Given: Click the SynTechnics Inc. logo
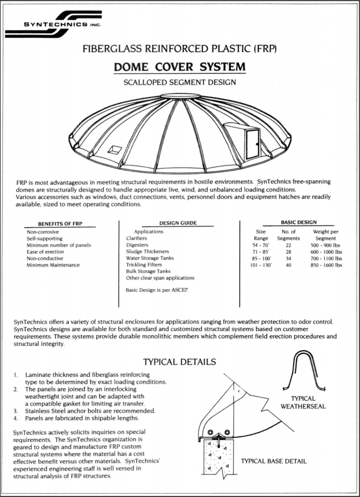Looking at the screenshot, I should point(53,24).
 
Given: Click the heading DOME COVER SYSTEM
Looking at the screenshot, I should point(180,66).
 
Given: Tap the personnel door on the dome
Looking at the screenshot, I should point(252,144).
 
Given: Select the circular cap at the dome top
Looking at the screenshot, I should point(180,96).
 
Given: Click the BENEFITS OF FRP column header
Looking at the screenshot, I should point(61,224).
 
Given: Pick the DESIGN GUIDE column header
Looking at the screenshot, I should point(178,223).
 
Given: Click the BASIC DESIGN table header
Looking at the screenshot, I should point(298,222).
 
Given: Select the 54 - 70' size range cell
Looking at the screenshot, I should point(257,245).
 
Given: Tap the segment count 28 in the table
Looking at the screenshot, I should point(288,252).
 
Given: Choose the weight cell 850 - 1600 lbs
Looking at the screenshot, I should point(326,265).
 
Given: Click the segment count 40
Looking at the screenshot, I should point(288,265).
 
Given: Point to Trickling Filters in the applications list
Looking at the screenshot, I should point(144,265).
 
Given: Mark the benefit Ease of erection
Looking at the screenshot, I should point(45,252).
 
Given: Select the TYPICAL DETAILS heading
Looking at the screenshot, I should point(180,362).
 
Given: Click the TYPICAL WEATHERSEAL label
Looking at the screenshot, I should point(303,402).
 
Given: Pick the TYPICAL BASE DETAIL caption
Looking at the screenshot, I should point(274,461).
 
